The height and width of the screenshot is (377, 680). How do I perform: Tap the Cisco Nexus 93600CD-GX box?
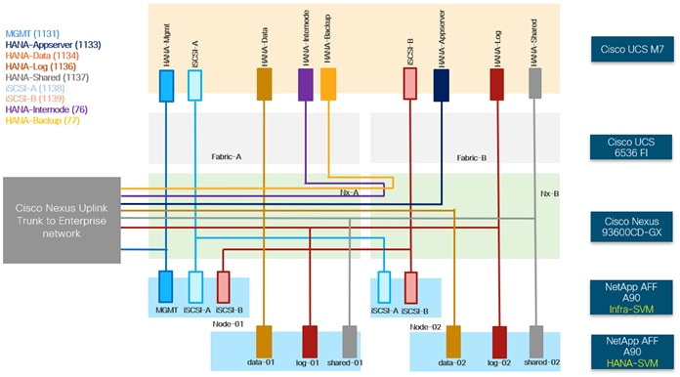tap(634, 220)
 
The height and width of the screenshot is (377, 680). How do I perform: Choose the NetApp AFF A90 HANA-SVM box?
tap(634, 349)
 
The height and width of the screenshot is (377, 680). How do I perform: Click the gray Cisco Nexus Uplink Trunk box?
tap(63, 220)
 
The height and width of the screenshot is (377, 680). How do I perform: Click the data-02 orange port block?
tap(453, 341)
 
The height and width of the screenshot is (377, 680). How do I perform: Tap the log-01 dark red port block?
tap(310, 341)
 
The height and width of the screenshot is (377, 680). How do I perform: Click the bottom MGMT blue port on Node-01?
tap(165, 287)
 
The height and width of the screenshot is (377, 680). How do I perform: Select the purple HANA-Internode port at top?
tap(305, 84)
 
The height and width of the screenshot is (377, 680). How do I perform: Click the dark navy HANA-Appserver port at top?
tap(441, 84)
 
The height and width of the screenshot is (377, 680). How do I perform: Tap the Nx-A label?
tap(350, 193)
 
